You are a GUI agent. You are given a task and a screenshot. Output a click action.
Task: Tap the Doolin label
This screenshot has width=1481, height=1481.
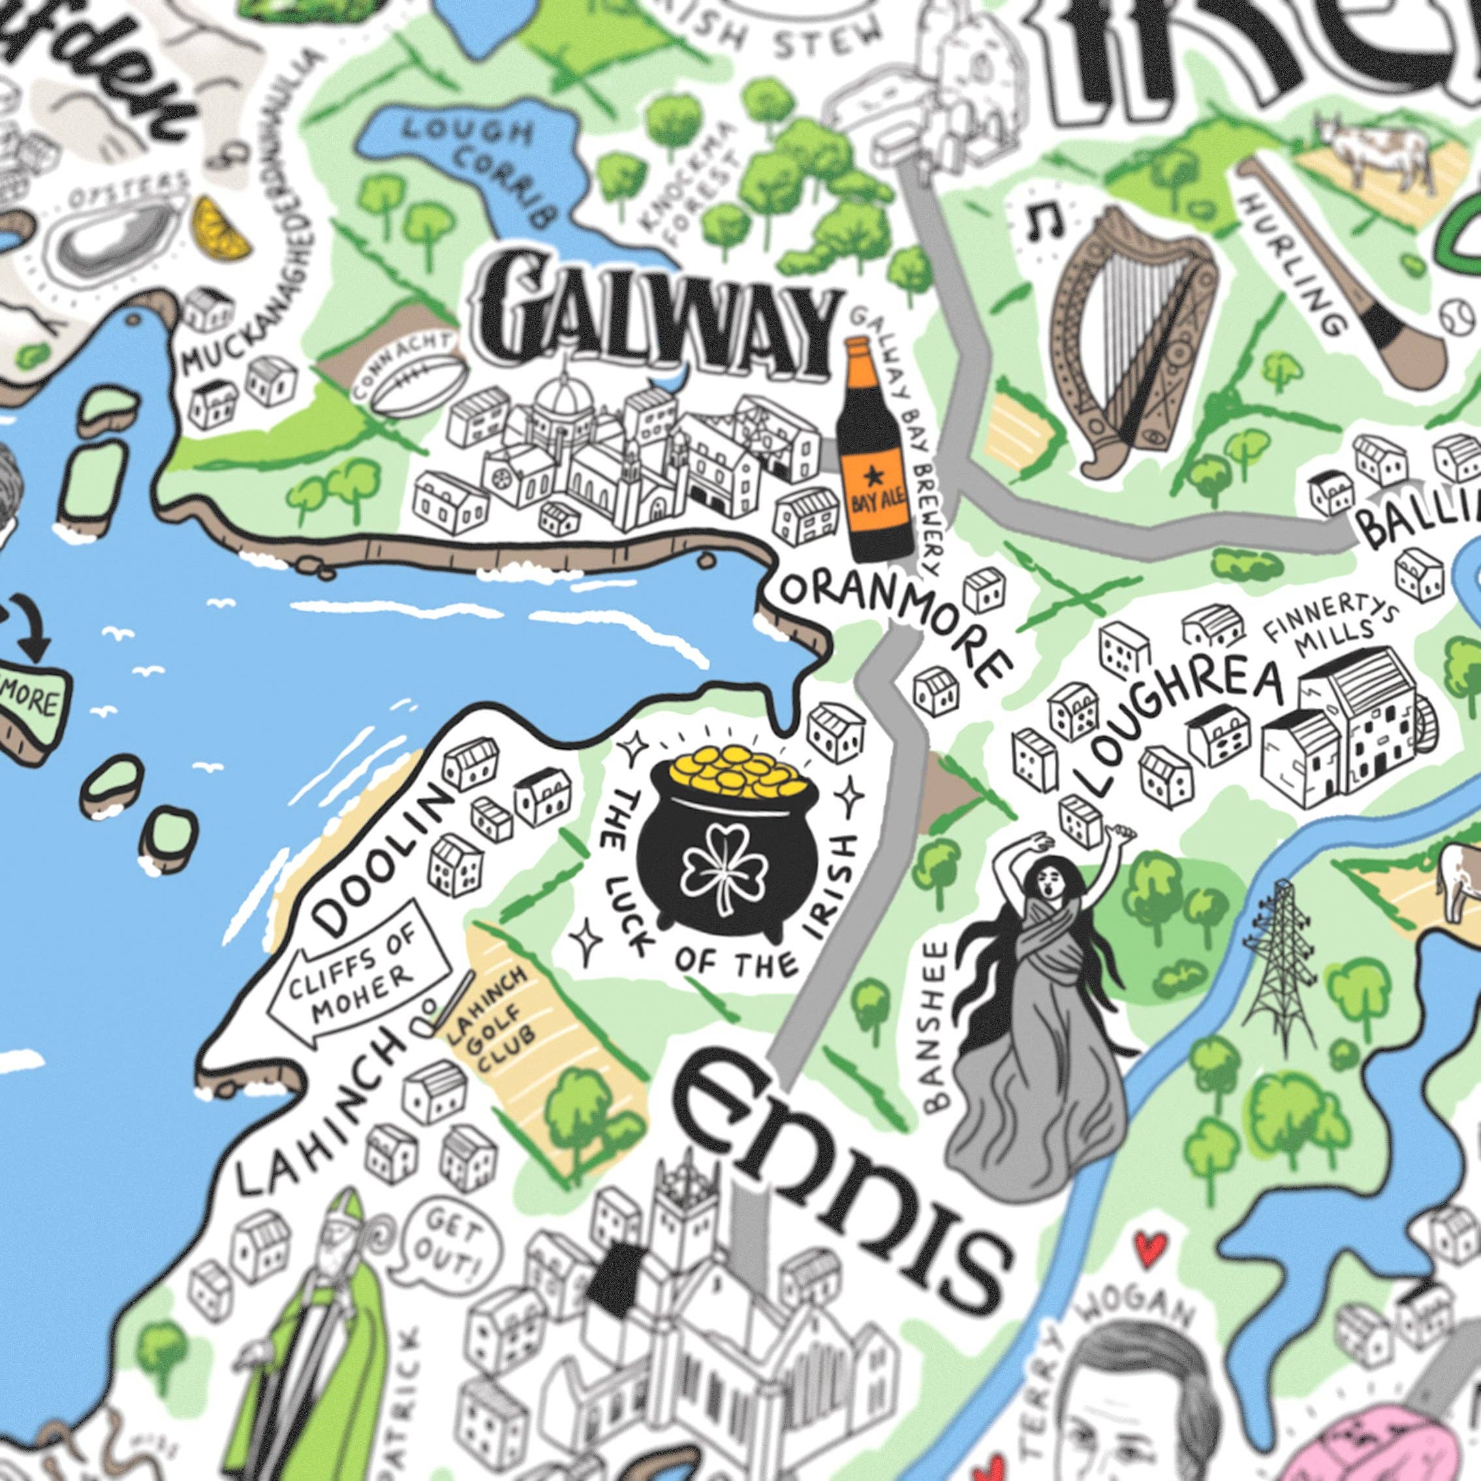coord(379,866)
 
